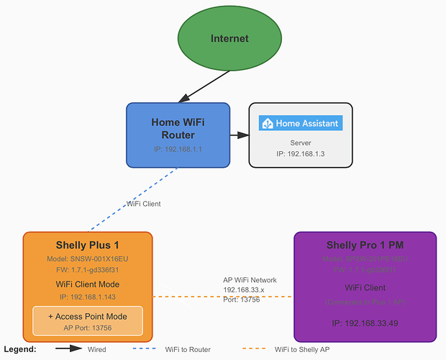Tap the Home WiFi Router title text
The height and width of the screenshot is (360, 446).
click(x=178, y=127)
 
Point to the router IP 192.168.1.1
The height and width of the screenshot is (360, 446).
click(x=178, y=150)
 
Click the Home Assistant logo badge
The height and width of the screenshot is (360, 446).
click(x=301, y=123)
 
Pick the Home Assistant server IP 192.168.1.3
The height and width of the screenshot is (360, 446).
click(x=301, y=154)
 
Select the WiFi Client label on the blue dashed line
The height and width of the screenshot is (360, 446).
click(x=144, y=204)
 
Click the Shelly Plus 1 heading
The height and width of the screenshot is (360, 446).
click(x=88, y=246)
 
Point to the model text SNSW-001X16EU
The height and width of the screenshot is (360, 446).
click(x=88, y=258)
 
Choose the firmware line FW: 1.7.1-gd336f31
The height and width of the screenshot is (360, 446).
click(x=88, y=270)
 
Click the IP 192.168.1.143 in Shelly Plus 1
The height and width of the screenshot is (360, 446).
click(x=88, y=296)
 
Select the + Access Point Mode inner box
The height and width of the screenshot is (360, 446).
click(x=88, y=321)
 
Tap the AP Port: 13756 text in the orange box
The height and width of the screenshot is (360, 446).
click(x=88, y=328)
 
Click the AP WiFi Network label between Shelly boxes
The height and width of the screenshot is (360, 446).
click(x=250, y=280)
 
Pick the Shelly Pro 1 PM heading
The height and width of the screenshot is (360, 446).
click(x=365, y=246)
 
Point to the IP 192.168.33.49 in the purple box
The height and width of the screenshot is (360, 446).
click(x=365, y=323)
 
